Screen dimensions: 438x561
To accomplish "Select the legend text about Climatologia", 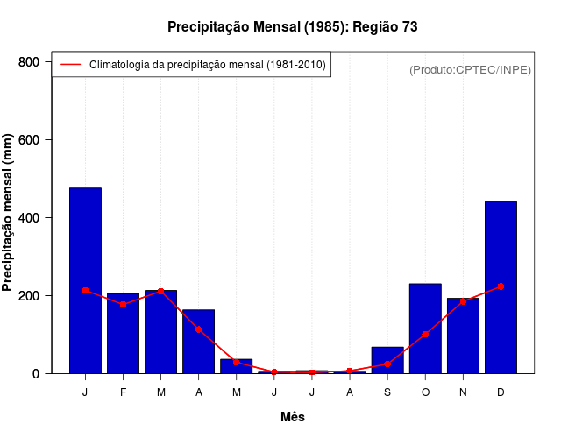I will click(208, 65).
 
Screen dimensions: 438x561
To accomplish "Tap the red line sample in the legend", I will click(70, 65).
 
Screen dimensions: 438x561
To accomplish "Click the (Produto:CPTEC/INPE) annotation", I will click(470, 69).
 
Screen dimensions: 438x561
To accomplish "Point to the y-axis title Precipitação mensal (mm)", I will click(8, 213).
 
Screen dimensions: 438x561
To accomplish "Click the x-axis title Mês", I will click(293, 417).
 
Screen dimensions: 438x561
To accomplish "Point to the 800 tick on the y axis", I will click(30, 62).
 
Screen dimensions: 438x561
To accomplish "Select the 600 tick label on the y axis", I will click(30, 140).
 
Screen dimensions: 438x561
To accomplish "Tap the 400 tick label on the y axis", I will click(30, 218).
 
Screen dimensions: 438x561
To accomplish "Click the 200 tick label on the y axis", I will click(30, 296).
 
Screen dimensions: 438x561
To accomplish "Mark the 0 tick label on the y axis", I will click(36, 374).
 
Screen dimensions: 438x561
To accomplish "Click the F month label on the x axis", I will click(124, 392).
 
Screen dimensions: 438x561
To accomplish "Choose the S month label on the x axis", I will click(387, 392).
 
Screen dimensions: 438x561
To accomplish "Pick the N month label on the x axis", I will click(463, 392).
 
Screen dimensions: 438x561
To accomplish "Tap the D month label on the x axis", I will click(501, 392).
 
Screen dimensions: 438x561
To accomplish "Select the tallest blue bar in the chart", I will click(85, 280).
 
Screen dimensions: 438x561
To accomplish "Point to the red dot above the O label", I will click(425, 334).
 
